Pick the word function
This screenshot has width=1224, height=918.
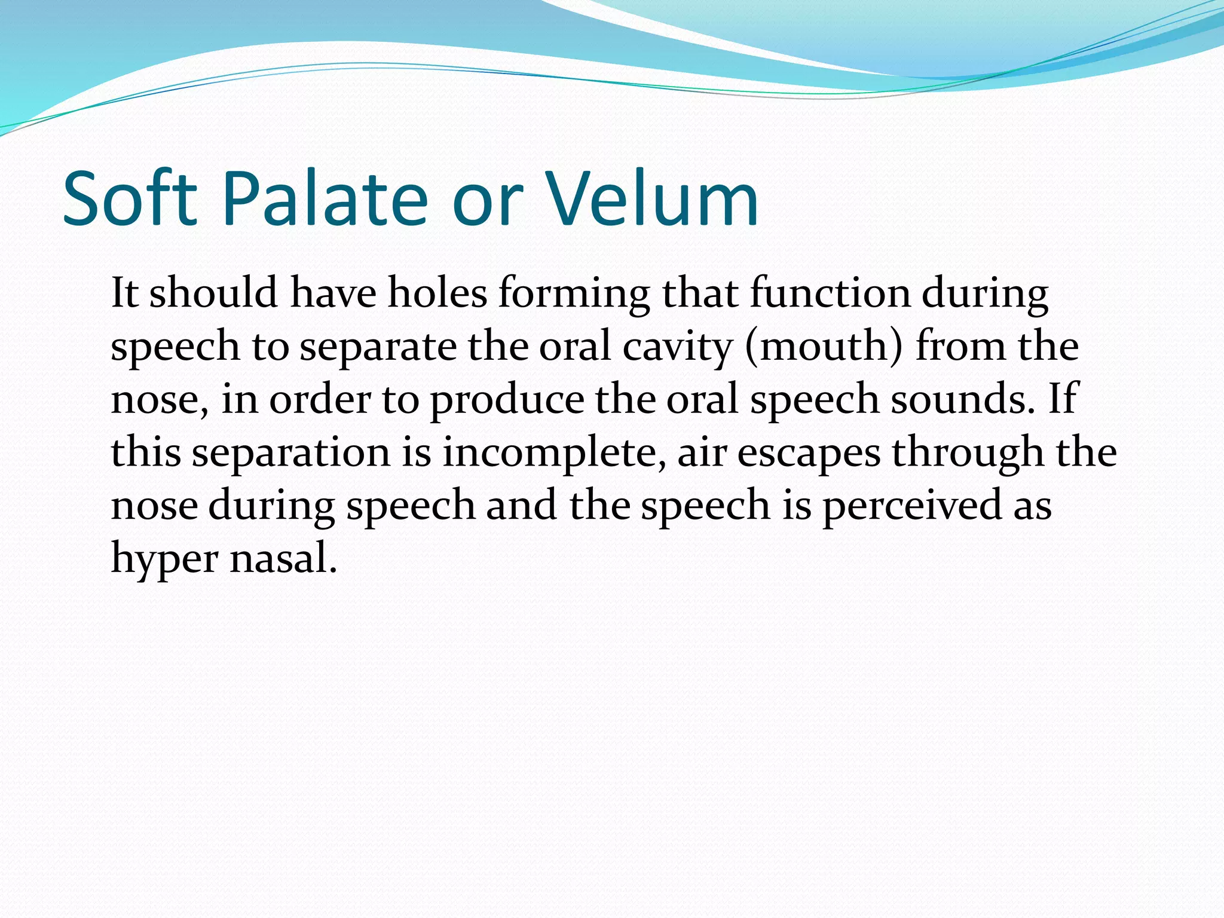[830, 293]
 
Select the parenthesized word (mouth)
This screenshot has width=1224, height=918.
[824, 347]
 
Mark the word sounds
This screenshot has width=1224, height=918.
[962, 399]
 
